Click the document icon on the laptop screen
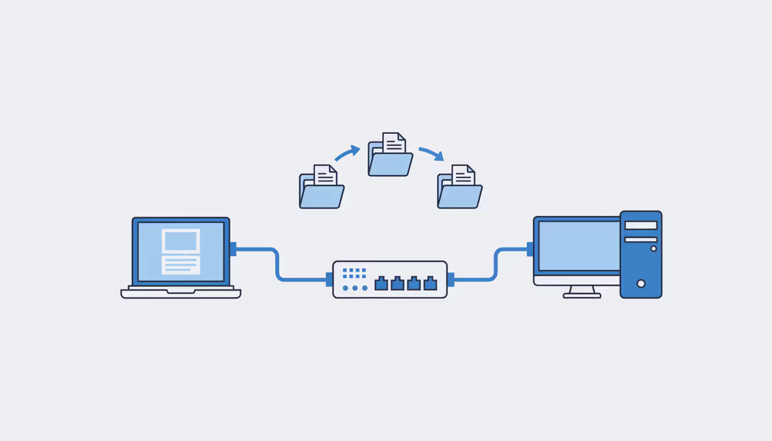click(x=181, y=252)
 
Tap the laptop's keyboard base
click(x=181, y=293)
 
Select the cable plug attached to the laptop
click(x=233, y=249)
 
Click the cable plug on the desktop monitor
click(x=530, y=249)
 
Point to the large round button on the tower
click(x=641, y=283)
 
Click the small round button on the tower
click(x=654, y=249)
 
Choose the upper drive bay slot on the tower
click(x=641, y=225)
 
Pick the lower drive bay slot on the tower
click(x=641, y=239)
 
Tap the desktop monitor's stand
click(x=582, y=292)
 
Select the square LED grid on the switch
click(x=354, y=273)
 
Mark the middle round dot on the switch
click(x=355, y=288)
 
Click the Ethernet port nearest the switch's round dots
click(x=381, y=283)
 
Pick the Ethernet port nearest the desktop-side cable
click(x=430, y=283)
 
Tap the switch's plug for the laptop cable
click(x=329, y=280)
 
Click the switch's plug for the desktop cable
click(x=451, y=280)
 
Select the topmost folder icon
click(x=391, y=155)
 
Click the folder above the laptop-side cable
click(x=322, y=188)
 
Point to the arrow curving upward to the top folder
click(x=347, y=153)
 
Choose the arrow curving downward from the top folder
click(x=431, y=153)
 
